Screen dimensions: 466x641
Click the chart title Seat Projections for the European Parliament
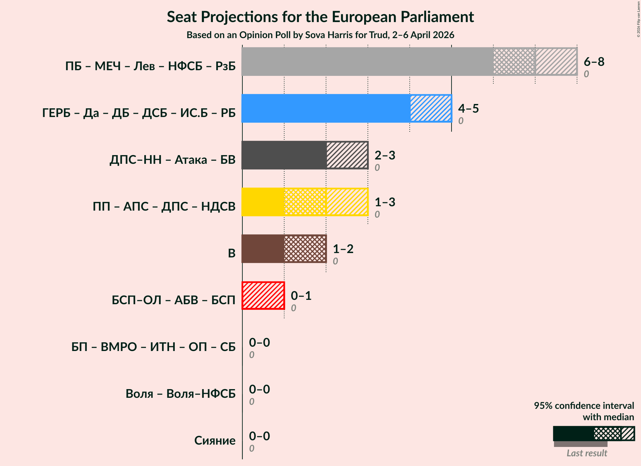pos(320,17)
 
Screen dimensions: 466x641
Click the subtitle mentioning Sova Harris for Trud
pos(320,35)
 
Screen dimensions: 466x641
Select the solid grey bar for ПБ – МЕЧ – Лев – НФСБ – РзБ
pos(367,62)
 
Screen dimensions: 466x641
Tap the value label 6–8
pos(594,62)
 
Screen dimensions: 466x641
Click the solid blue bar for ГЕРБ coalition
pos(326,108)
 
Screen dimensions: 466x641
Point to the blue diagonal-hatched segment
pos(431,108)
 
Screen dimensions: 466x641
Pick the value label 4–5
pos(468,108)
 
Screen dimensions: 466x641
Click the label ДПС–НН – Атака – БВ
pos(172,159)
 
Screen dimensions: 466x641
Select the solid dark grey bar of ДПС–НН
pos(284,155)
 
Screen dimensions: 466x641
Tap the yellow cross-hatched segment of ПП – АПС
pos(305,202)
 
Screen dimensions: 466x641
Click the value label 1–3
pos(385,202)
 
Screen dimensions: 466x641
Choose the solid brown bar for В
pos(263,249)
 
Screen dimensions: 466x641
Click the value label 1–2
pos(343,249)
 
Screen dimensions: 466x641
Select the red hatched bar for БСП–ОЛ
pos(263,296)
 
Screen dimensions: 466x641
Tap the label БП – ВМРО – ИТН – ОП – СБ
pos(153,347)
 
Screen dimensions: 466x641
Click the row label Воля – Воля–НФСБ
pos(180,393)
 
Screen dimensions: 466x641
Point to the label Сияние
pos(215,440)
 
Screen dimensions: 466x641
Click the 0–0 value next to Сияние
pos(259,436)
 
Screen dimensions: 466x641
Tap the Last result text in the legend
pos(586,453)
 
